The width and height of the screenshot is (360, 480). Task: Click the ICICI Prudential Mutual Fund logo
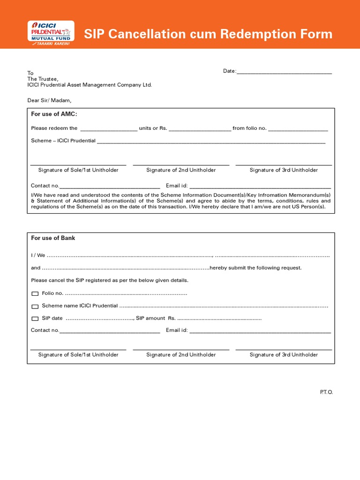pos(51,33)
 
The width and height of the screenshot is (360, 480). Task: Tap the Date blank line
pos(285,72)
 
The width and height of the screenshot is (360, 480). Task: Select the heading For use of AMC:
pos(54,114)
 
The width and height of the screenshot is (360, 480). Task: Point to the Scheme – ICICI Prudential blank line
pos(211,142)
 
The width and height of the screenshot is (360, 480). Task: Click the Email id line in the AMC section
pos(260,187)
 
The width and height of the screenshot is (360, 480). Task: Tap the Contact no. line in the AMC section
pos(110,187)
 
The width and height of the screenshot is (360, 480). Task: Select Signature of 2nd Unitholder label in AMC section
pos(181,170)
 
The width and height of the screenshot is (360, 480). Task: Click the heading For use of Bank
pos(53,238)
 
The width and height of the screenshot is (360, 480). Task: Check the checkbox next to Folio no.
pos(35,294)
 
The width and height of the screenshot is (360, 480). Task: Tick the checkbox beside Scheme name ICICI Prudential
pos(35,307)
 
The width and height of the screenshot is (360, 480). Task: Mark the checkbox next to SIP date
pos(35,319)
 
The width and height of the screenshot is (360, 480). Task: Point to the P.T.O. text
pos(326,392)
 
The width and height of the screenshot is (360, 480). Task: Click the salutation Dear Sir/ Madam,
pos(49,100)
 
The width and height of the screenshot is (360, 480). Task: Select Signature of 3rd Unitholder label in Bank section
pos(284,355)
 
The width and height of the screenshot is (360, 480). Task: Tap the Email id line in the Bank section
pos(260,331)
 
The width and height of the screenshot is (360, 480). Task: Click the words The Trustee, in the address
pos(43,79)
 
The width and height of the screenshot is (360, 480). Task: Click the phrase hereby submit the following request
pos(255,268)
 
